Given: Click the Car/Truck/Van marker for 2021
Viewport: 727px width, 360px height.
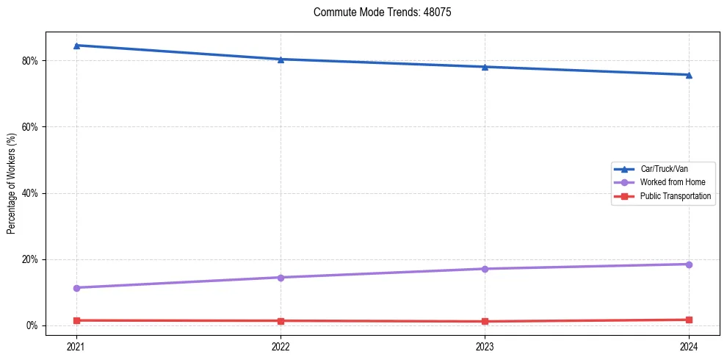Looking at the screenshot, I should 76,46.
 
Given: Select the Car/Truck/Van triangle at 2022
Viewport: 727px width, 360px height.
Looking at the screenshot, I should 281,60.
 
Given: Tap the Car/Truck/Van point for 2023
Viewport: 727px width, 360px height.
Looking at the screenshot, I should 485,67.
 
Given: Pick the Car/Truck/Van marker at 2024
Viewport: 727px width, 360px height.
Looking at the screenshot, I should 689,75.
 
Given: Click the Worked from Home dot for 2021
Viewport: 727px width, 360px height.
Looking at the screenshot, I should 76,288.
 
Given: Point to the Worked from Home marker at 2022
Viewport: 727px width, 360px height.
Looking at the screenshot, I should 281,278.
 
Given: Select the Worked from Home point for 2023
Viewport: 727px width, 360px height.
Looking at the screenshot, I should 485,269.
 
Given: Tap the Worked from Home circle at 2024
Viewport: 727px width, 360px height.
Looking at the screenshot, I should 689,264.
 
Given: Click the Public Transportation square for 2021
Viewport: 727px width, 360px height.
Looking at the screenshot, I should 76,320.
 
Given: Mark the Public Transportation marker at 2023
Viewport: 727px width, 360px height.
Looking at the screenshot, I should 485,321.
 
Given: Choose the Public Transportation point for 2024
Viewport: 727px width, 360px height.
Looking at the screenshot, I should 689,320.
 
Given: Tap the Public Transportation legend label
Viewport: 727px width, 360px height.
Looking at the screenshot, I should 676,196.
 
